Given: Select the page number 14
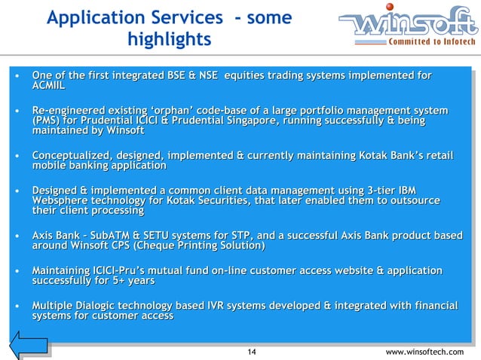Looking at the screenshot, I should click(x=252, y=352).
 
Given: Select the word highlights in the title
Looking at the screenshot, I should click(x=170, y=38).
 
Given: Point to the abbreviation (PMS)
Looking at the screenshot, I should click(x=47, y=121).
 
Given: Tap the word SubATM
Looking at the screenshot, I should click(x=110, y=236).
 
